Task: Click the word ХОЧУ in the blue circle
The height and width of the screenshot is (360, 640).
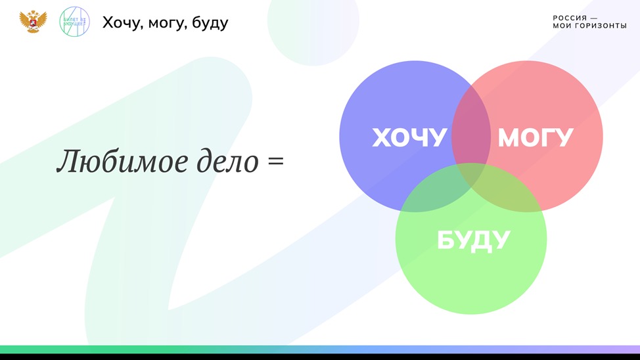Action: point(409,137)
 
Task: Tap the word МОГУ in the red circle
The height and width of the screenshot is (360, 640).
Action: point(536,137)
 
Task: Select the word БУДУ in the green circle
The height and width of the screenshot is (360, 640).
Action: point(474,240)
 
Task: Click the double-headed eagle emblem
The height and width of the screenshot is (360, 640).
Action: point(33,22)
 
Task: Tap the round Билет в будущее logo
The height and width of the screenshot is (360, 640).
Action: point(74,22)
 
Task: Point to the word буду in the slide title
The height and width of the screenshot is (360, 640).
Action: point(210,23)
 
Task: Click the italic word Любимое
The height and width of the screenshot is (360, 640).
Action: point(122,161)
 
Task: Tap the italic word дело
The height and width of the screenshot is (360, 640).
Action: point(228,161)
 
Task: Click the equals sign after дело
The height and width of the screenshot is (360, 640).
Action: point(276,160)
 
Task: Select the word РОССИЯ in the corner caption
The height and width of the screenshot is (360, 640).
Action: point(570,18)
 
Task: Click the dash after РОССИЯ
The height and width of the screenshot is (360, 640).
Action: point(594,18)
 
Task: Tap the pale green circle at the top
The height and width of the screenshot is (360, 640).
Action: point(313,20)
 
